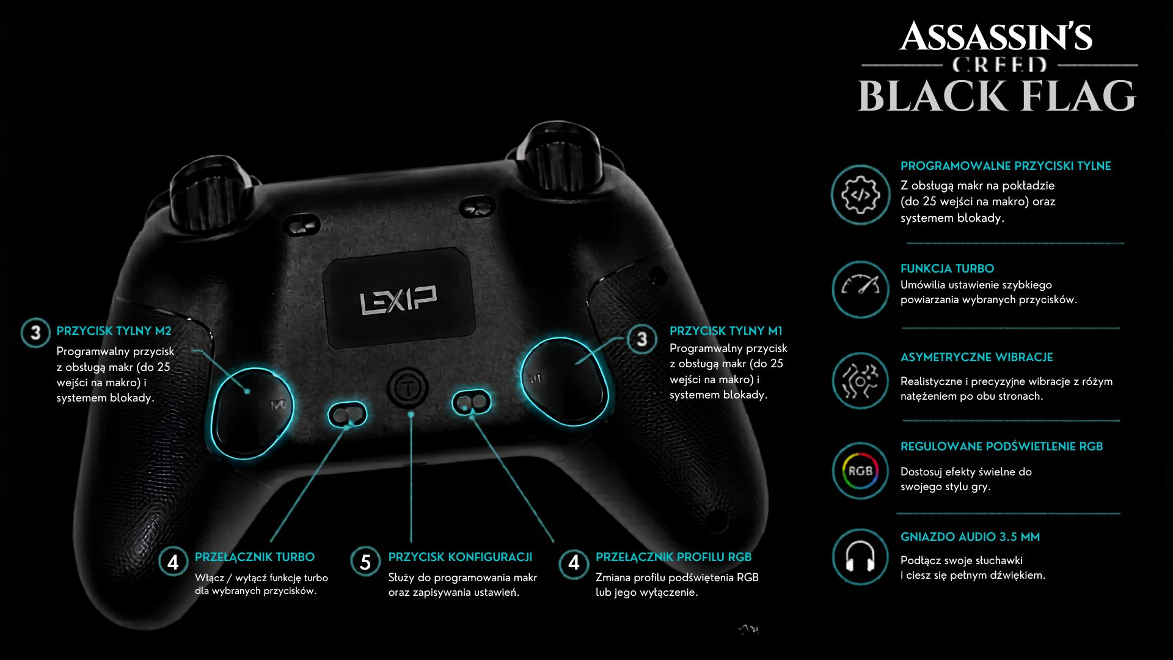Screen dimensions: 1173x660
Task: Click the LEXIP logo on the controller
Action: [x=398, y=299]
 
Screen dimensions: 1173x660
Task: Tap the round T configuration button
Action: [x=407, y=387]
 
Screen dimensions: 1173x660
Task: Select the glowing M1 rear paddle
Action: [x=565, y=381]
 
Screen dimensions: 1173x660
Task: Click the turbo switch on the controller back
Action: [x=347, y=415]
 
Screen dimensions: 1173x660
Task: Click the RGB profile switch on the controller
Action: [x=471, y=402]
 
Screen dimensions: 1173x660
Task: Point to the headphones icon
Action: [x=860, y=557]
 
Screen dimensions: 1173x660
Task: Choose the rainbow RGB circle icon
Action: [x=860, y=471]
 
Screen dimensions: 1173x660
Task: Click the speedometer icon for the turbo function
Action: [x=860, y=289]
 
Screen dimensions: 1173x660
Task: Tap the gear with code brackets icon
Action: [x=860, y=195]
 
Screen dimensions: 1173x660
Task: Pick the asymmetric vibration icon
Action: [x=860, y=381]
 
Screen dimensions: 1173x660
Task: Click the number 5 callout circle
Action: [x=365, y=562]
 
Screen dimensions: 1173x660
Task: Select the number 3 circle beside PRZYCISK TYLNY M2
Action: [x=35, y=333]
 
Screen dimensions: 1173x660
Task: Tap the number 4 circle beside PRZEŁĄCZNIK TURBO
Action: [x=173, y=562]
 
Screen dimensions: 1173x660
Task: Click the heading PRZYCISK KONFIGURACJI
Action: [x=460, y=557]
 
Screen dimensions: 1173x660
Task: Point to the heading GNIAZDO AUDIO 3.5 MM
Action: [x=970, y=537]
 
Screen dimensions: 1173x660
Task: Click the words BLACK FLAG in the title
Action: [x=997, y=96]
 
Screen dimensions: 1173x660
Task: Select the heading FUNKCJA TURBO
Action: [x=947, y=268]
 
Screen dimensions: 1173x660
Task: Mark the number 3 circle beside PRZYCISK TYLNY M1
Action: [x=641, y=339]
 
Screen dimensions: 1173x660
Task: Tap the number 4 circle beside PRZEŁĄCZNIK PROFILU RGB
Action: [x=574, y=562]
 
